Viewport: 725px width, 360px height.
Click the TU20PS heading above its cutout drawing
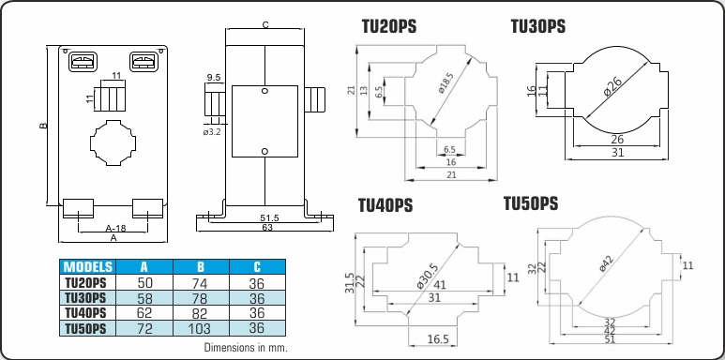[x=389, y=27]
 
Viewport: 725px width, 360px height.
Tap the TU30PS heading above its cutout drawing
[x=538, y=26]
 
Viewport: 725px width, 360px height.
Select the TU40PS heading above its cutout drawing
[x=385, y=205]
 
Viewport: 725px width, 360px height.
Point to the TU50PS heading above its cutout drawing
[x=531, y=203]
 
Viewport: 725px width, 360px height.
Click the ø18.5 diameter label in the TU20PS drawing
[x=446, y=83]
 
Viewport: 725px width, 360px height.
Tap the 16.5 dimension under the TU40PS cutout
[x=438, y=339]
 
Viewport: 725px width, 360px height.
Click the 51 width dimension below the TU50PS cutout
[x=611, y=339]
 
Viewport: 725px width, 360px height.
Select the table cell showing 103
[x=201, y=328]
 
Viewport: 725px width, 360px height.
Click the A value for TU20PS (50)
[x=144, y=282]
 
